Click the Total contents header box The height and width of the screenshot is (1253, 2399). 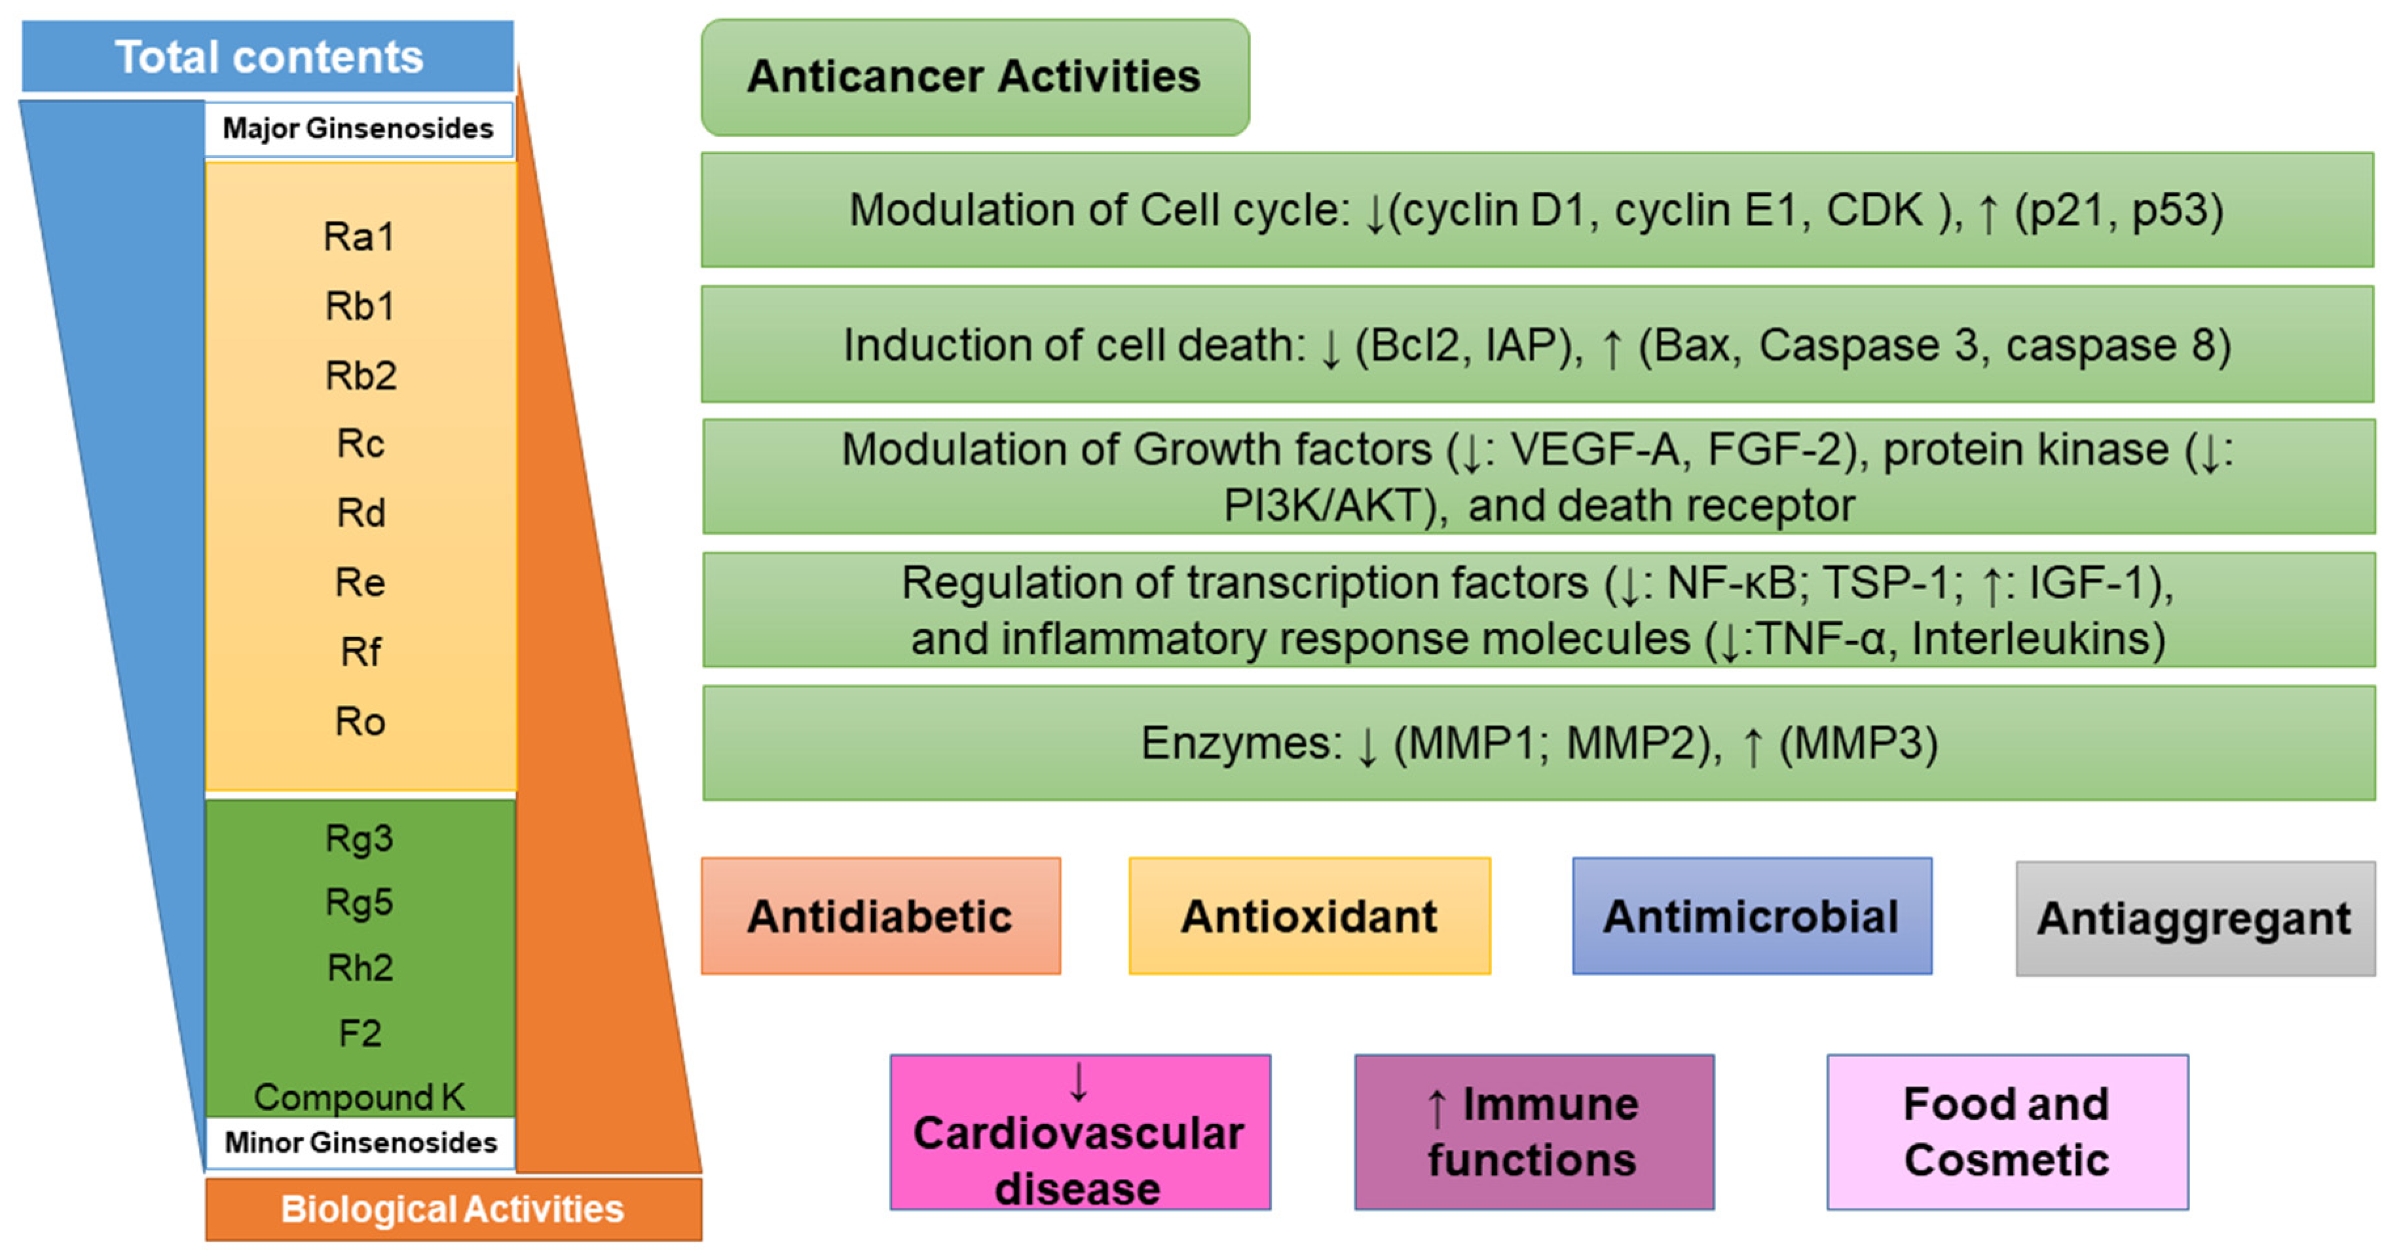coord(269,57)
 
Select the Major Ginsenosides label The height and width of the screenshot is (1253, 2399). coord(358,128)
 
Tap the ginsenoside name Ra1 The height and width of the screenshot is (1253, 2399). coord(358,237)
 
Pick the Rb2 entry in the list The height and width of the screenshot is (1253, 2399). coord(360,376)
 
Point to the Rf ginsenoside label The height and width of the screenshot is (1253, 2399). coord(360,652)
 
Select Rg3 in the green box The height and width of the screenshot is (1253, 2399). coord(360,838)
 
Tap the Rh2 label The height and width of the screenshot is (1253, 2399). coord(360,968)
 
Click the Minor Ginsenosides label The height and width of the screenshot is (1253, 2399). coord(360,1142)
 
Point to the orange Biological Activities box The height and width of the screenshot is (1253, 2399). coord(454,1209)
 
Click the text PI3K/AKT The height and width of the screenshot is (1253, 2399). coord(1331,507)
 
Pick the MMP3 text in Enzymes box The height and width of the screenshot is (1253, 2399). coord(1858,743)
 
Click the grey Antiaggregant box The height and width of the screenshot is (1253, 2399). coord(2195,919)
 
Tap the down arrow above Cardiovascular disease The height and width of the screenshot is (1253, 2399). coord(1079,1083)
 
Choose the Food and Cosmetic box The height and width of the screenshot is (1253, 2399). coord(2007,1132)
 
